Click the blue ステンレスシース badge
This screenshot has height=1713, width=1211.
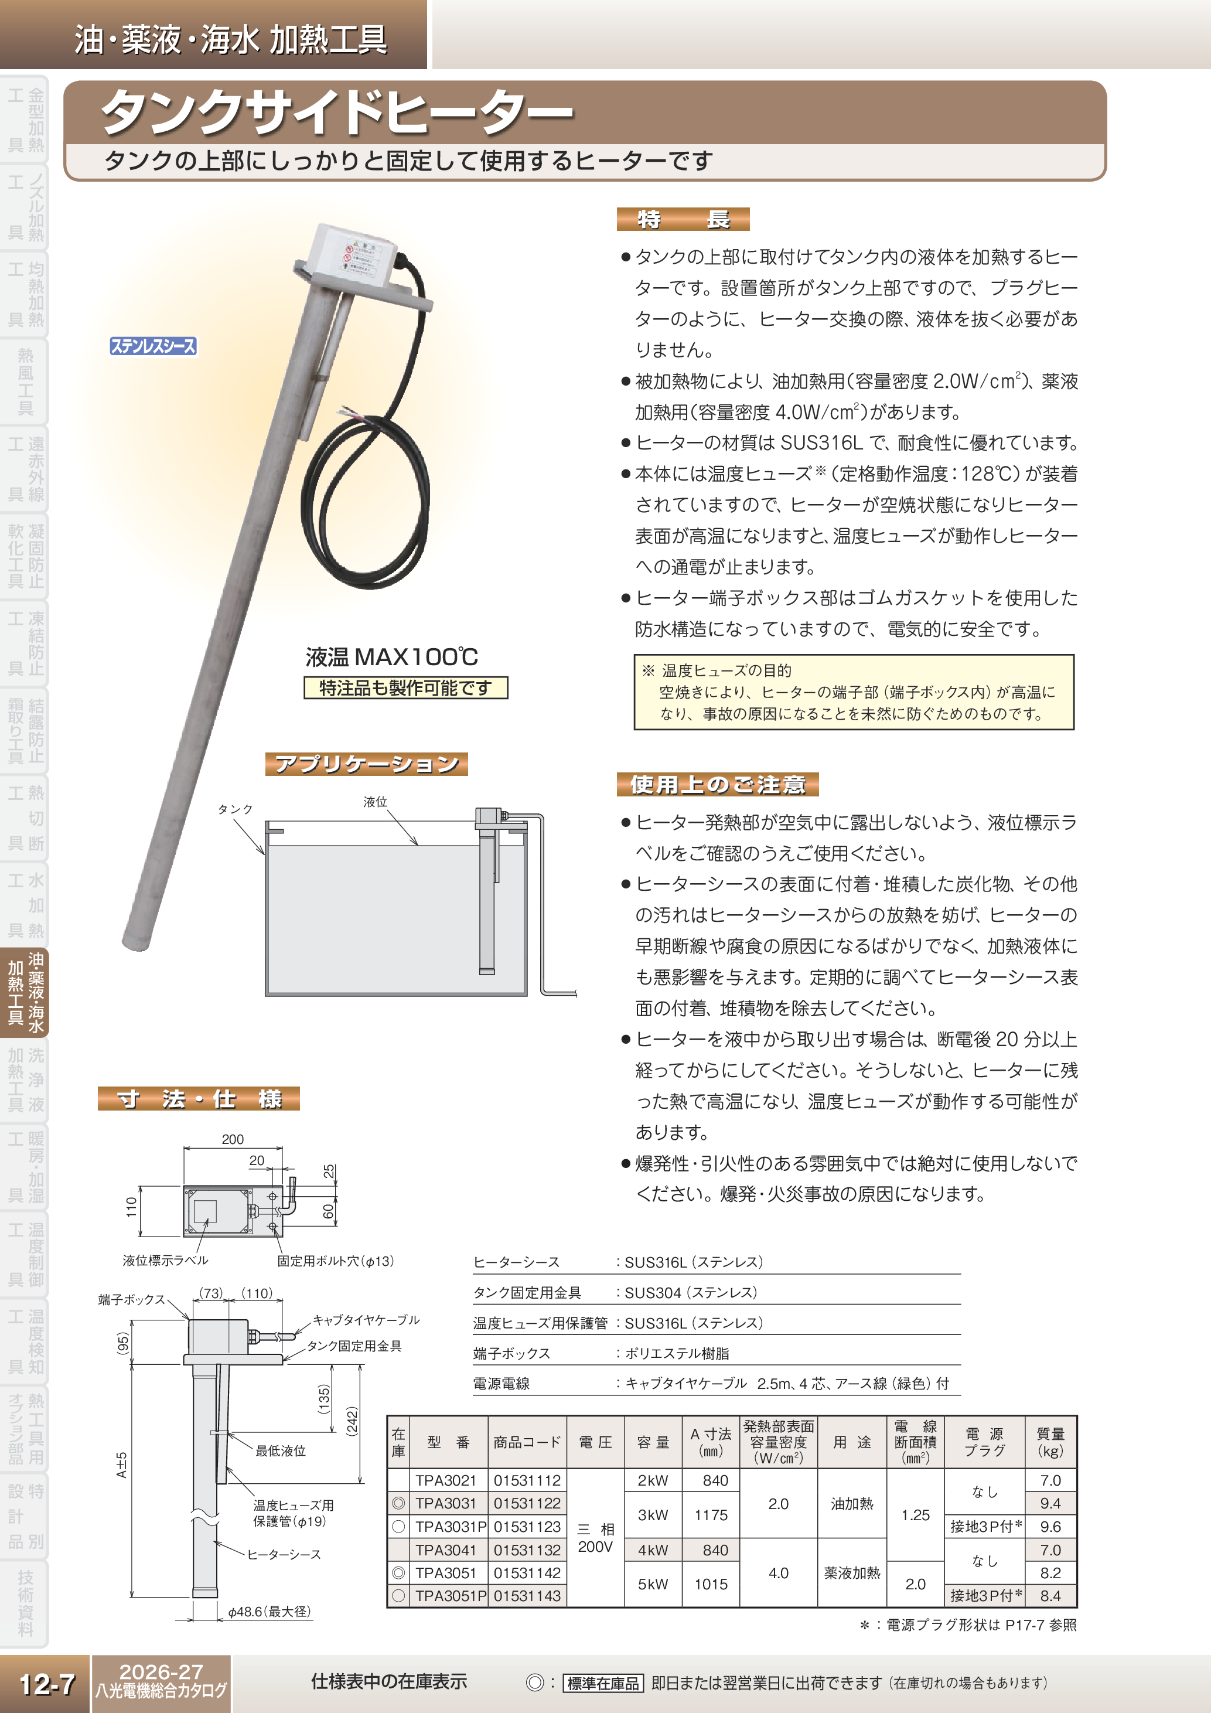coord(153,346)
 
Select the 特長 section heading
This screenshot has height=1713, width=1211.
coord(683,219)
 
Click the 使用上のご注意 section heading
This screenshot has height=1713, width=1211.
coord(717,784)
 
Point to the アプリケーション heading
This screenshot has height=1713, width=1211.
coord(366,764)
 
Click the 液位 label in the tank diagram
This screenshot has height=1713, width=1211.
coord(375,802)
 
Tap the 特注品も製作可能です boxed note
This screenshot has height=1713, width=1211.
coord(405,687)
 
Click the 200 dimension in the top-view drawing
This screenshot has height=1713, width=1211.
coord(233,1139)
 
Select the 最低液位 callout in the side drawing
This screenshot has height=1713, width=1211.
coord(281,1450)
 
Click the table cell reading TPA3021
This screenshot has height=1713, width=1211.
coord(445,1480)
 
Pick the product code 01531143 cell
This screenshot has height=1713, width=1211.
coord(527,1596)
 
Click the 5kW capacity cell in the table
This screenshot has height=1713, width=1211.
coord(653,1584)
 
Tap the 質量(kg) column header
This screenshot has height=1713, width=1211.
coord(1050,1442)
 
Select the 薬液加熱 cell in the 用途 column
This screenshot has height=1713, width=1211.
coord(852,1573)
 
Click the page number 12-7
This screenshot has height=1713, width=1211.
coord(46,1684)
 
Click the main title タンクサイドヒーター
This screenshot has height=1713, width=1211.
coord(337,114)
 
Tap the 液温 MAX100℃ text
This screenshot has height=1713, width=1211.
coord(391,656)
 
